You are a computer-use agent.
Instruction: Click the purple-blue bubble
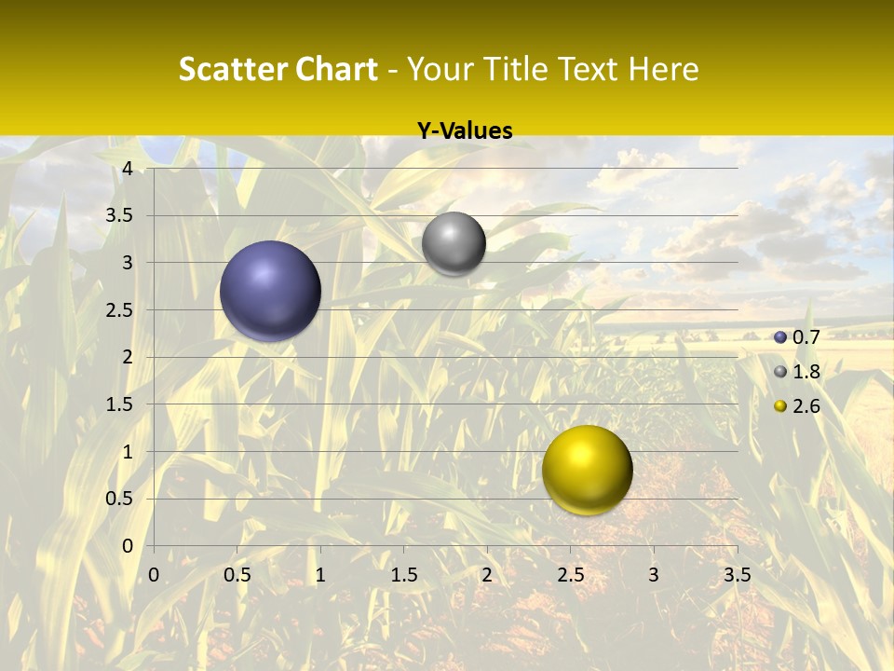[271, 291]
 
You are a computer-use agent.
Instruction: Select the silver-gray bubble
[454, 243]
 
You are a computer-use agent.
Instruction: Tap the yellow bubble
[587, 470]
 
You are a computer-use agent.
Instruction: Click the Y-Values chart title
[464, 131]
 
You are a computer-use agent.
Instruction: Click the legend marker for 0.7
[780, 337]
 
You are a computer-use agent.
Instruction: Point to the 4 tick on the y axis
[128, 168]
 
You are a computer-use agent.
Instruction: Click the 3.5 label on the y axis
[120, 215]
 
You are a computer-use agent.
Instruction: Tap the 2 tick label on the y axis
[128, 357]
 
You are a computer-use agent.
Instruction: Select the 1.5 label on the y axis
[120, 404]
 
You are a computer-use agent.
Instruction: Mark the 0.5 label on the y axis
[120, 499]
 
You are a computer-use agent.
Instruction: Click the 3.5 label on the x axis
[737, 575]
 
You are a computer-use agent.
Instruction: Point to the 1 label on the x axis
[320, 575]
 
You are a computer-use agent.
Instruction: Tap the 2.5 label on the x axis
[570, 575]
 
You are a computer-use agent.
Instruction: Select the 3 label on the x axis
[654, 575]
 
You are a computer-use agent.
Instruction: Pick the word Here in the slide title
[663, 69]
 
